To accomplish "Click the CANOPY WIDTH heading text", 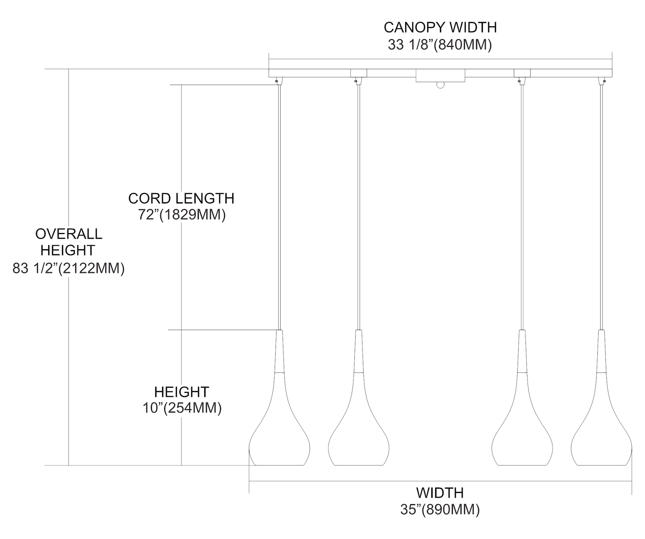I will pyautogui.click(x=440, y=27).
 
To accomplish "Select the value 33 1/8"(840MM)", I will pyautogui.click(x=440, y=45).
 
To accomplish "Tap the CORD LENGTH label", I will pyautogui.click(x=181, y=198).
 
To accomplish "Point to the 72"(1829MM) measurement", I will pyautogui.click(x=182, y=215).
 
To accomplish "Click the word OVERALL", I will pyautogui.click(x=69, y=234).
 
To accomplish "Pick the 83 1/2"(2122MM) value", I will pyautogui.click(x=69, y=269).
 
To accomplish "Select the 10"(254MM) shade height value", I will pyautogui.click(x=182, y=408).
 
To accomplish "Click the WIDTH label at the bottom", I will pyautogui.click(x=440, y=493).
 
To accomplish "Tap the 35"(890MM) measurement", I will pyautogui.click(x=440, y=510).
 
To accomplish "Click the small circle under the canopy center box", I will pyautogui.click(x=440, y=85).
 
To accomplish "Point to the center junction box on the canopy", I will pyautogui.click(x=440, y=76).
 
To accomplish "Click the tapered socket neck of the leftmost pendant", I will pyautogui.click(x=279, y=351).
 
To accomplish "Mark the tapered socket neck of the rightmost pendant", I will pyautogui.click(x=601, y=351).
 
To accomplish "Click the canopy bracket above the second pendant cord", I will pyautogui.click(x=358, y=73).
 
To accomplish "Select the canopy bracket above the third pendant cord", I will pyautogui.click(x=522, y=73).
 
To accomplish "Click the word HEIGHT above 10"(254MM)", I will pyautogui.click(x=182, y=392).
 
